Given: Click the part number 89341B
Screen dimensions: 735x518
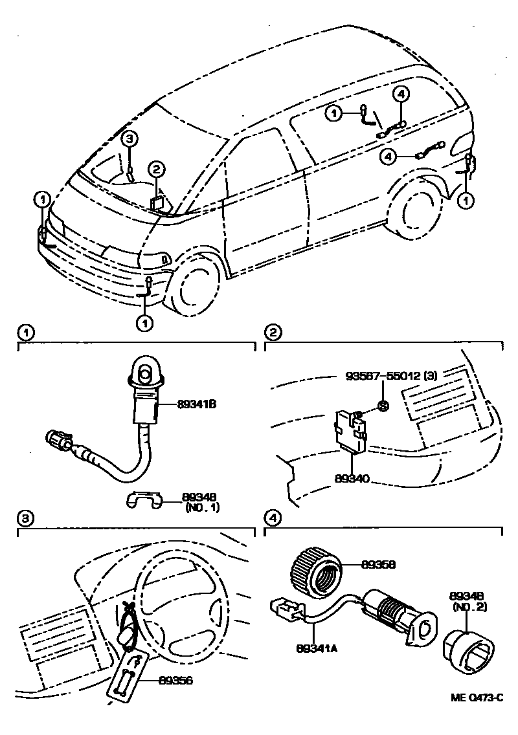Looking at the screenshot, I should pos(196,404).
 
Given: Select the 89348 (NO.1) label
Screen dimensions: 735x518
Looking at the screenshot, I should pos(199,502).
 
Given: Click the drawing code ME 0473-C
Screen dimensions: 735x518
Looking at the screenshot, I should pos(477,697).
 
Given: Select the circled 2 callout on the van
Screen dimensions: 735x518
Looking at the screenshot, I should pos(157,170).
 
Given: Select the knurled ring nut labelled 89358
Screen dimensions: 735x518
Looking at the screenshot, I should pos(315,570).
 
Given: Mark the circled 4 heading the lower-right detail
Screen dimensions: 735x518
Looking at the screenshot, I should pos(273,518).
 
